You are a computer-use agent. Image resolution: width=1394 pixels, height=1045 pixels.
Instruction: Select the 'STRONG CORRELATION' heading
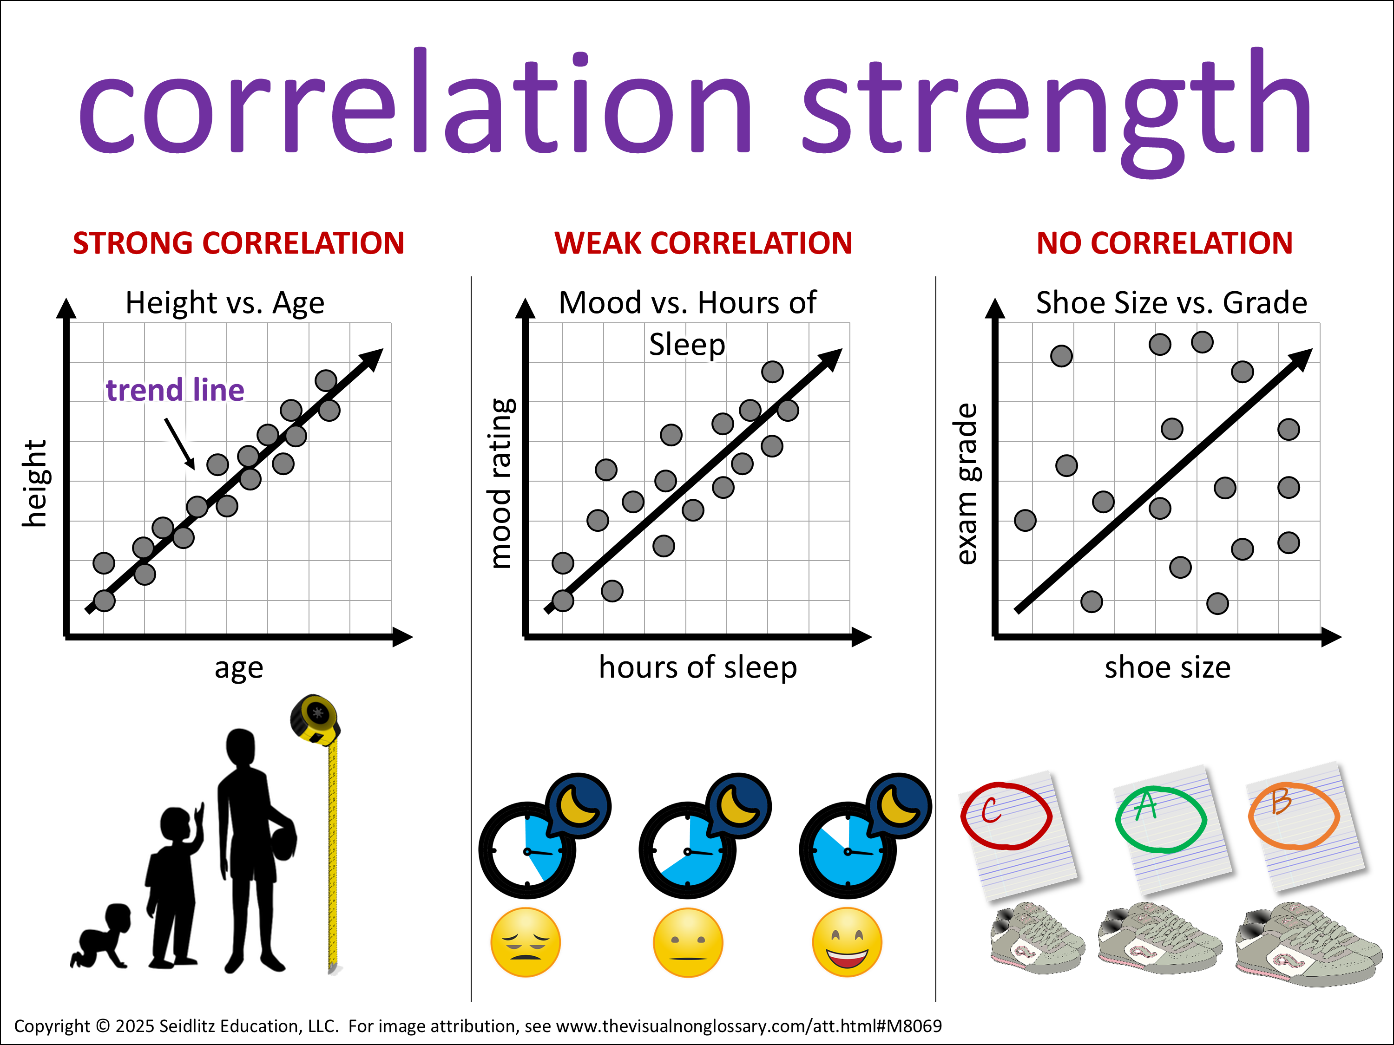point(238,243)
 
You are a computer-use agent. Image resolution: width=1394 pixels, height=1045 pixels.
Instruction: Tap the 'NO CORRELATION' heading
point(1164,243)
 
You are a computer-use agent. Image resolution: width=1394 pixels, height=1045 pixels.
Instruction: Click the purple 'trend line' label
point(175,390)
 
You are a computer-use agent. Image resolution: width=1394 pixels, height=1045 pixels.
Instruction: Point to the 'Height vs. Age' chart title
point(225,303)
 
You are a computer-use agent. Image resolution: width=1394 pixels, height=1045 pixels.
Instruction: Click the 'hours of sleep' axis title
point(697,667)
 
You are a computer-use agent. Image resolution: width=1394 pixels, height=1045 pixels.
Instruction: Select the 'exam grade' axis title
point(966,484)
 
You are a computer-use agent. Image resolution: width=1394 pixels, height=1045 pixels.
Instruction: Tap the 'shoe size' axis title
point(1167,667)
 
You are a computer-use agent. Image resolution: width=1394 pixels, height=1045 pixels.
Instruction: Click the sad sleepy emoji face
point(525,942)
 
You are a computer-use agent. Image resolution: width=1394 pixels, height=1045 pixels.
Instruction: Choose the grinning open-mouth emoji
point(847,942)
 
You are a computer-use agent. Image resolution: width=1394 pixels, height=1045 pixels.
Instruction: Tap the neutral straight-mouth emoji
point(688,942)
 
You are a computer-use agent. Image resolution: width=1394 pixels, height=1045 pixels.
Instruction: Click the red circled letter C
point(1006,815)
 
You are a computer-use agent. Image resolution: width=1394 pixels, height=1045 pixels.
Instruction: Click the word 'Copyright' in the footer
point(52,1026)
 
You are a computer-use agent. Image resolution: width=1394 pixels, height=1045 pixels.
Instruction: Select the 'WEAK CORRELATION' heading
point(704,243)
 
